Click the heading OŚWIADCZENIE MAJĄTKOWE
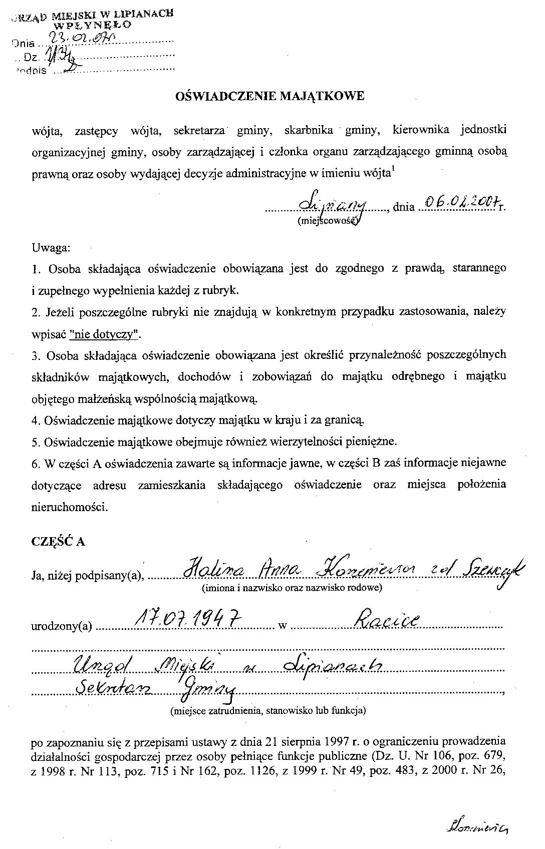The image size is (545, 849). [270, 96]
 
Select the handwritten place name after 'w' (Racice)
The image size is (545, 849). [387, 622]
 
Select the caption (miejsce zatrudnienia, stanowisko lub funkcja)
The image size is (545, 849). [267, 710]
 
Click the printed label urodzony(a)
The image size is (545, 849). [62, 626]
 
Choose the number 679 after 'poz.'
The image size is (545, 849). [493, 754]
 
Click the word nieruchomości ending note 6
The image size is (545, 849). [69, 507]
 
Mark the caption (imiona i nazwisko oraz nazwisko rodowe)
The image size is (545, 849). [292, 588]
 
